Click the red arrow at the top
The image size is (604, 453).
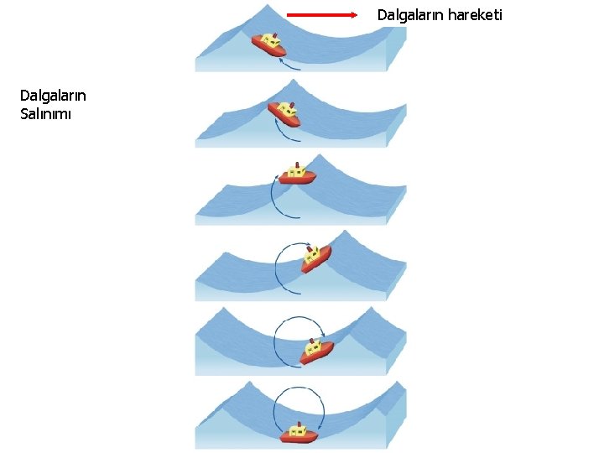point(321,15)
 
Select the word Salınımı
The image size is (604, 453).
point(47,114)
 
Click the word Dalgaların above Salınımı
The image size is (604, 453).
point(53,96)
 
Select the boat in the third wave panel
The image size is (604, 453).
point(297,174)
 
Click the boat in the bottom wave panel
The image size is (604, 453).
point(298,433)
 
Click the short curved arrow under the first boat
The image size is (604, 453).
point(289,65)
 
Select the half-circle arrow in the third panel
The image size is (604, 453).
point(273,196)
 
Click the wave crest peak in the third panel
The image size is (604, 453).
point(318,156)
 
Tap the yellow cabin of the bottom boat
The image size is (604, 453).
point(297,429)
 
